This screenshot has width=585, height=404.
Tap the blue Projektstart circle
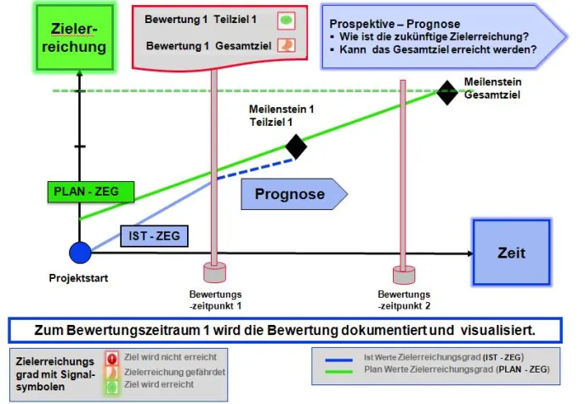point(80,253)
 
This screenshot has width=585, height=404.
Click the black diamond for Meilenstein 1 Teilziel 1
point(296,146)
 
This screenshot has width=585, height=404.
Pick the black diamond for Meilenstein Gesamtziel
point(446,92)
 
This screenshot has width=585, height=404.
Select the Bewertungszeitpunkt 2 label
point(405,298)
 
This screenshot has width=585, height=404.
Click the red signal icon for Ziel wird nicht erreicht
point(111,357)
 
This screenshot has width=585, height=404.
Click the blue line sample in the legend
point(340,358)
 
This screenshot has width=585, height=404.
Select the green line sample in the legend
point(340,371)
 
